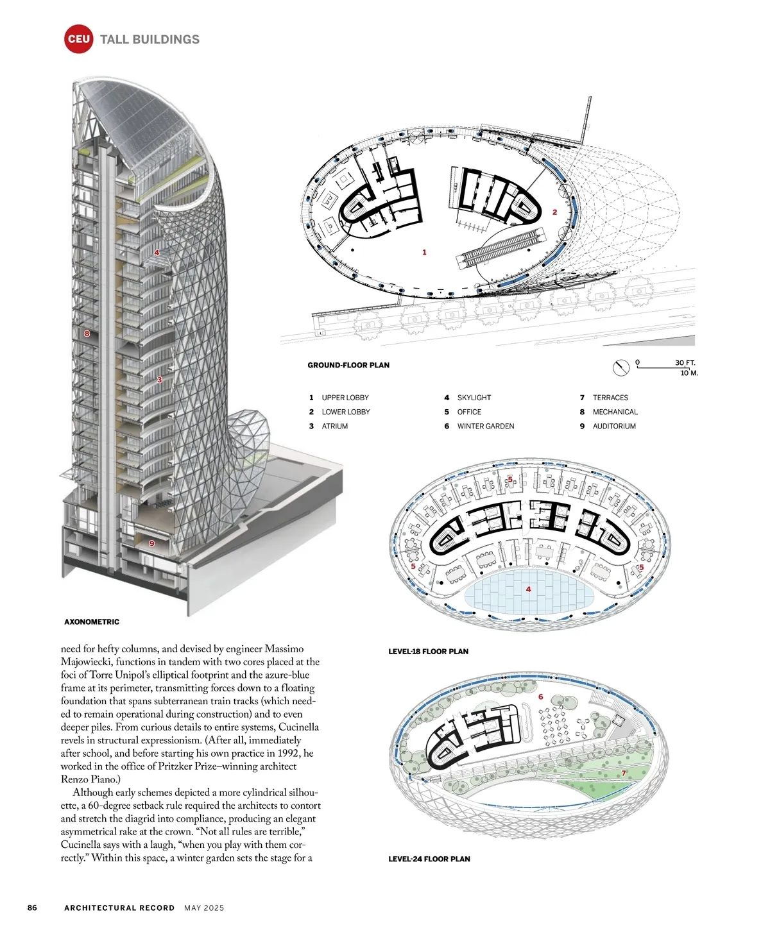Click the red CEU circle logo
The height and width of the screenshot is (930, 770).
pyautogui.click(x=78, y=39)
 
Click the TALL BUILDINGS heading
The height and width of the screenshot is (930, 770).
pyautogui.click(x=150, y=39)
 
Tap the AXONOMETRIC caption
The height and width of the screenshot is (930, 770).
pyautogui.click(x=92, y=621)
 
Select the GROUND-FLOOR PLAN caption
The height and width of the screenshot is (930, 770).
pyautogui.click(x=348, y=365)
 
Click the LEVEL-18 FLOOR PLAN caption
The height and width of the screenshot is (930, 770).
pyautogui.click(x=428, y=651)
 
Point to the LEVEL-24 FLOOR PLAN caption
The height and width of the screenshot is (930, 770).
pyautogui.click(x=429, y=859)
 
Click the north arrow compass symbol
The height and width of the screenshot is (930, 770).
pyautogui.click(x=620, y=368)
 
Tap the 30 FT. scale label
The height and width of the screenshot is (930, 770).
pyautogui.click(x=685, y=362)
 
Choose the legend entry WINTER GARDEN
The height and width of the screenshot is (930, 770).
pyautogui.click(x=485, y=426)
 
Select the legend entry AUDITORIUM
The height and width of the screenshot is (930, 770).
pyautogui.click(x=614, y=426)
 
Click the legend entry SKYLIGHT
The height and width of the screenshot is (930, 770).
pyautogui.click(x=474, y=398)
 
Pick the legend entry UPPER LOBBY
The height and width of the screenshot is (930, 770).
pyautogui.click(x=345, y=398)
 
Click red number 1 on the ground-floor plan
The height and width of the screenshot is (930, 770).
pyautogui.click(x=424, y=253)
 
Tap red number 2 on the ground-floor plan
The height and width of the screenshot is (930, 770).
pyautogui.click(x=555, y=212)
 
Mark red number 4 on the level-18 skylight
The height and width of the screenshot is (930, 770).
pyautogui.click(x=528, y=589)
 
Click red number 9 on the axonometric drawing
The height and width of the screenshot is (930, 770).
pyautogui.click(x=152, y=543)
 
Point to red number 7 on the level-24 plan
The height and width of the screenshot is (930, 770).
pyautogui.click(x=623, y=773)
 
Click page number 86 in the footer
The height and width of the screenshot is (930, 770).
pyautogui.click(x=32, y=908)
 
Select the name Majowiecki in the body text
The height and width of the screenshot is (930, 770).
pyautogui.click(x=89, y=662)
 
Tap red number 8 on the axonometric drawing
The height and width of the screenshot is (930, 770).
pyautogui.click(x=87, y=334)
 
